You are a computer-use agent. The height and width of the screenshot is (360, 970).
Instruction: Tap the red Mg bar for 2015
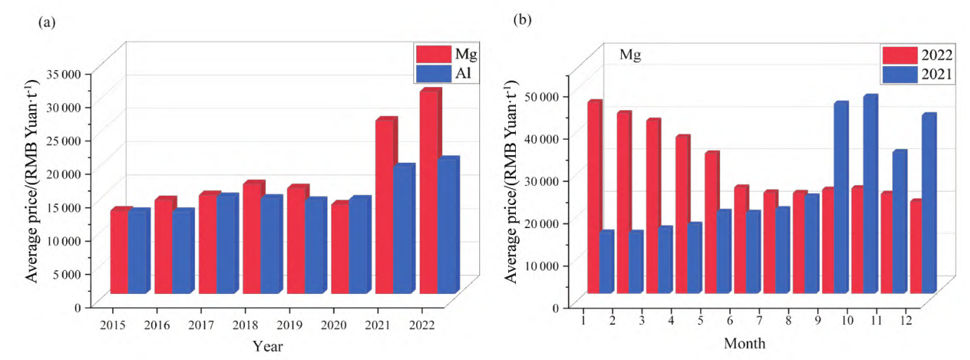click(x=119, y=251)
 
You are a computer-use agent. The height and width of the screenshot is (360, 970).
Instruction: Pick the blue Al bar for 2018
click(x=270, y=246)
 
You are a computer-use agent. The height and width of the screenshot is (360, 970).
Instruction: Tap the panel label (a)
click(x=46, y=22)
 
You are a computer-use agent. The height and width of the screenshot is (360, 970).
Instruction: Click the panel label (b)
click(x=522, y=20)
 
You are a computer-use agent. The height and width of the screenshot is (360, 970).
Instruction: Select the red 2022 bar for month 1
click(x=594, y=198)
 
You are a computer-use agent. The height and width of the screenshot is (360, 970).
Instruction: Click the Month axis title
click(x=745, y=344)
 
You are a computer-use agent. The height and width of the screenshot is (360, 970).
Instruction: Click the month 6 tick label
click(x=729, y=320)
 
